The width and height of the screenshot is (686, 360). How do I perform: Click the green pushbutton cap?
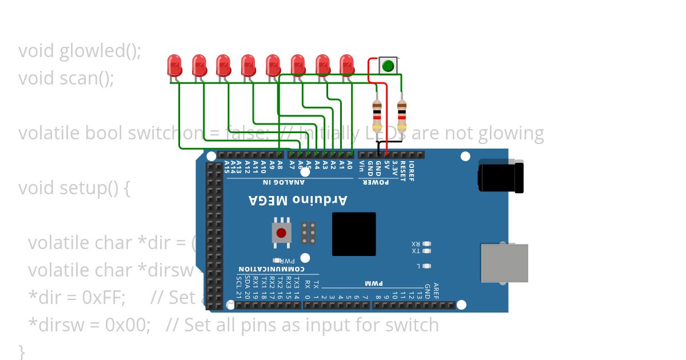(x=388, y=66)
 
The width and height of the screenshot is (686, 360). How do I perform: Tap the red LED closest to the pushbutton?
(x=347, y=65)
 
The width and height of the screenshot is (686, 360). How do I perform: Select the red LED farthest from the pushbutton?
(x=174, y=65)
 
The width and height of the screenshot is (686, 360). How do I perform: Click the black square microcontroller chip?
(x=354, y=234)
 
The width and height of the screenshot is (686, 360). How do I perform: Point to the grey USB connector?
(x=504, y=263)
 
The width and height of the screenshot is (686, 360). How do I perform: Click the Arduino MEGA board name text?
(x=298, y=200)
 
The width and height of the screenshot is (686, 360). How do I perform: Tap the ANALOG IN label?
(x=284, y=182)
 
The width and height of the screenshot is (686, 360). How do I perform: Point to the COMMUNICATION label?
(x=271, y=269)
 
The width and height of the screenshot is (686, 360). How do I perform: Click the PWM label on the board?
(x=372, y=283)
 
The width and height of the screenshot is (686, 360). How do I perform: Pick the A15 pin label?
(x=228, y=167)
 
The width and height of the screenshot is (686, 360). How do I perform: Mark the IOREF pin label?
(x=411, y=170)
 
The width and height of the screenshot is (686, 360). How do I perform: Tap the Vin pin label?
(x=362, y=166)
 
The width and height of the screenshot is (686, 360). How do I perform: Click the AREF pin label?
(x=436, y=289)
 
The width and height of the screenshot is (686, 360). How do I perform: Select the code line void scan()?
(x=66, y=78)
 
